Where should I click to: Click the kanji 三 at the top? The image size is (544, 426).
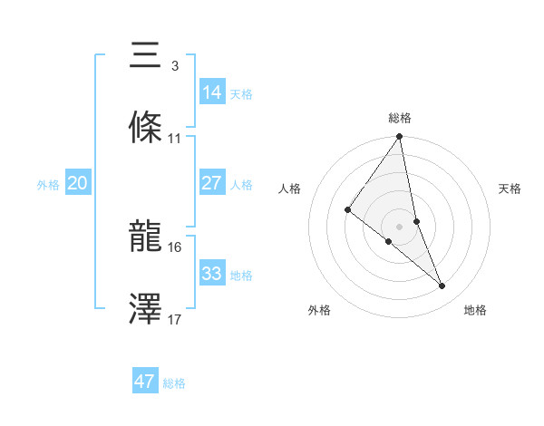click(146, 57)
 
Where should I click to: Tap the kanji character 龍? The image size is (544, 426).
click(146, 237)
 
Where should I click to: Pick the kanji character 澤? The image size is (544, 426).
click(146, 309)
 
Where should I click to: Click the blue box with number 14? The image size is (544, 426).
click(212, 92)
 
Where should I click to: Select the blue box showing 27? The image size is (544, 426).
click(212, 183)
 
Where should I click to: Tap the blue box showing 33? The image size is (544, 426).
click(212, 273)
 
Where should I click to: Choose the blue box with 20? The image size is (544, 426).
click(78, 183)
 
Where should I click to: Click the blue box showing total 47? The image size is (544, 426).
click(145, 382)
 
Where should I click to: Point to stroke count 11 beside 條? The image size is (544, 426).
click(175, 139)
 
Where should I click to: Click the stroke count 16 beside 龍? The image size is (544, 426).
click(175, 247)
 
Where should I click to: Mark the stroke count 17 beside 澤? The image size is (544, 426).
click(175, 319)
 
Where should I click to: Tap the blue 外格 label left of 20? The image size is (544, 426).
click(48, 184)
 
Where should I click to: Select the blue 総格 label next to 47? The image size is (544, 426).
click(174, 383)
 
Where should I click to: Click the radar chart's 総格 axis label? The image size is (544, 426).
click(400, 118)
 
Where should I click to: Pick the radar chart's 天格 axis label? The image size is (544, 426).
click(510, 189)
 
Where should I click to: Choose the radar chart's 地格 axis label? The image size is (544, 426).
click(475, 310)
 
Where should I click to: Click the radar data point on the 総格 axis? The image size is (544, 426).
click(400, 137)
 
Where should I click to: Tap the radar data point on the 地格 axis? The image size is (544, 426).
click(442, 286)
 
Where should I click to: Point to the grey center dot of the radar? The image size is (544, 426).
click(400, 226)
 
